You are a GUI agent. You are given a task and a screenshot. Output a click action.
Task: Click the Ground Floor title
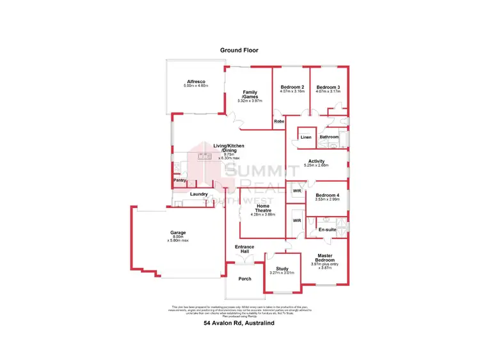point(240,49)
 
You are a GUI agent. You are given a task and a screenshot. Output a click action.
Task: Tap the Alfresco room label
point(195,82)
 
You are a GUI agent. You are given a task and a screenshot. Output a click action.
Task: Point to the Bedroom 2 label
point(292,87)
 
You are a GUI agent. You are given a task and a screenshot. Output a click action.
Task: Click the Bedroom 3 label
point(328,87)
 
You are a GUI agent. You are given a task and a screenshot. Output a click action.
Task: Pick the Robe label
point(278,121)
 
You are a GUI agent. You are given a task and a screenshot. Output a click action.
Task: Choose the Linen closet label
point(306,137)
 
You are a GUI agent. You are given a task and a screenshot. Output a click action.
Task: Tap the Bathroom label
point(329,137)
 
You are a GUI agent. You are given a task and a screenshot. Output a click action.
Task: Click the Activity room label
point(317,161)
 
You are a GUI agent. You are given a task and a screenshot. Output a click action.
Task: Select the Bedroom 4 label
point(328,195)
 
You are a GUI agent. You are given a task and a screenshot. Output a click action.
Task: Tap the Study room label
point(283,269)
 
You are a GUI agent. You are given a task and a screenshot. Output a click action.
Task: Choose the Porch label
point(244,279)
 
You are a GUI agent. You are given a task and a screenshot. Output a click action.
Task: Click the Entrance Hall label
point(244,249)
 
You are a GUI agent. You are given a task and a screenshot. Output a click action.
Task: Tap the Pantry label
point(180,180)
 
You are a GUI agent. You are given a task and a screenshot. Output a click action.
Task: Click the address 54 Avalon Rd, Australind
point(239,323)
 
